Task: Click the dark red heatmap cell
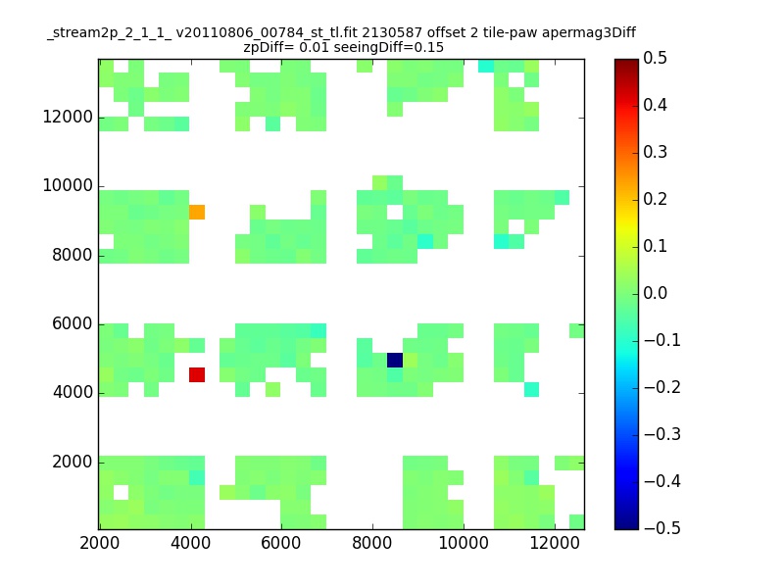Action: (x=197, y=374)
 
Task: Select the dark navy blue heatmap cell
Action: (x=395, y=360)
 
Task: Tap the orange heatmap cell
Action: (x=197, y=212)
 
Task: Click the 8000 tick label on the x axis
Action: (x=372, y=547)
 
